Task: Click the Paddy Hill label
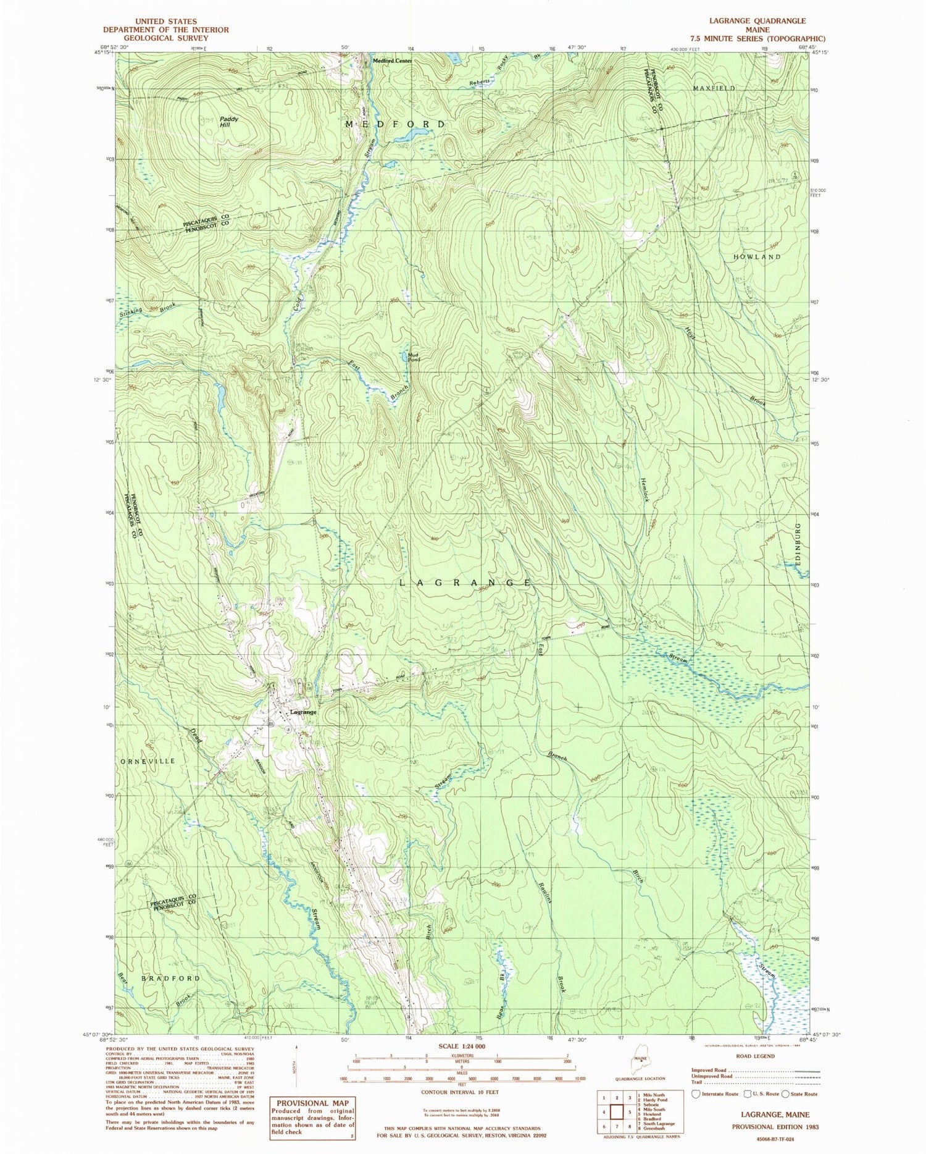pos(229,121)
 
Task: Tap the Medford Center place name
pos(391,61)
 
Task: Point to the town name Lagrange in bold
pos(303,712)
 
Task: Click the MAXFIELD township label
pos(714,88)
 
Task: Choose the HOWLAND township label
pos(757,256)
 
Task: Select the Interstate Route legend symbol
pos(696,1094)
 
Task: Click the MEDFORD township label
pos(395,124)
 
